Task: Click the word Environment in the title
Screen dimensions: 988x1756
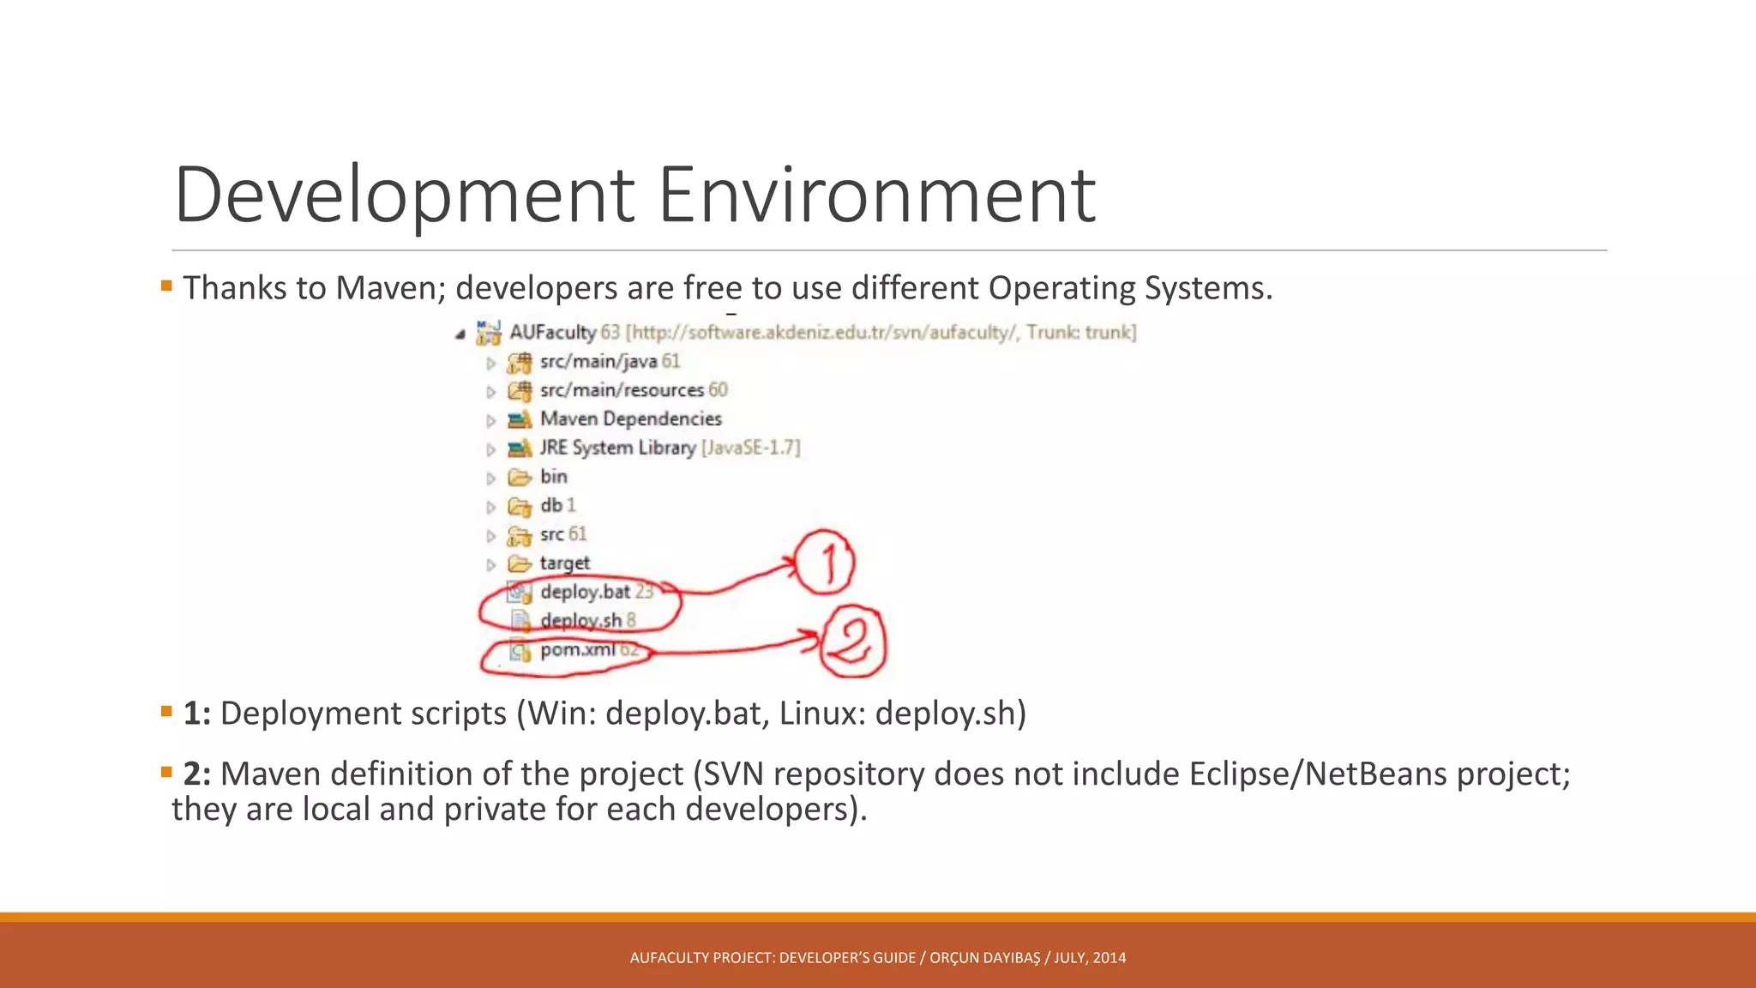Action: coord(876,196)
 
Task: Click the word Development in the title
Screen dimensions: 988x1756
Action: coord(405,196)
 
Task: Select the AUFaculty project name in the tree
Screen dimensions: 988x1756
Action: coord(552,333)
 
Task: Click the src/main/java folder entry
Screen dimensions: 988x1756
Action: coord(598,362)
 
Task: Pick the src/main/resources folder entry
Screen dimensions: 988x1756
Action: coord(622,390)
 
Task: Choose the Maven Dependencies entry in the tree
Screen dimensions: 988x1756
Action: coord(630,419)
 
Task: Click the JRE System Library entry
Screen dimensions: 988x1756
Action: coord(617,448)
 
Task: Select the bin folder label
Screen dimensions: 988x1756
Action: coord(553,477)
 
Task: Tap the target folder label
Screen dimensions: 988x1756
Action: coord(564,563)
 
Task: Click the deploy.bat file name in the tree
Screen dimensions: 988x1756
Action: coord(585,592)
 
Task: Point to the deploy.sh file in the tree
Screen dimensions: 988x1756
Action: coord(580,621)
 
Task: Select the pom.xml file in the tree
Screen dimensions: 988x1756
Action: coord(577,650)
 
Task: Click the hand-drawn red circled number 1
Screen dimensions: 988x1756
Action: coord(825,563)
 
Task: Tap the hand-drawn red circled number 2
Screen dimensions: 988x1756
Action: coord(851,643)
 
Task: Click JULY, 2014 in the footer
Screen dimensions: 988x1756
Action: coord(1090,958)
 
